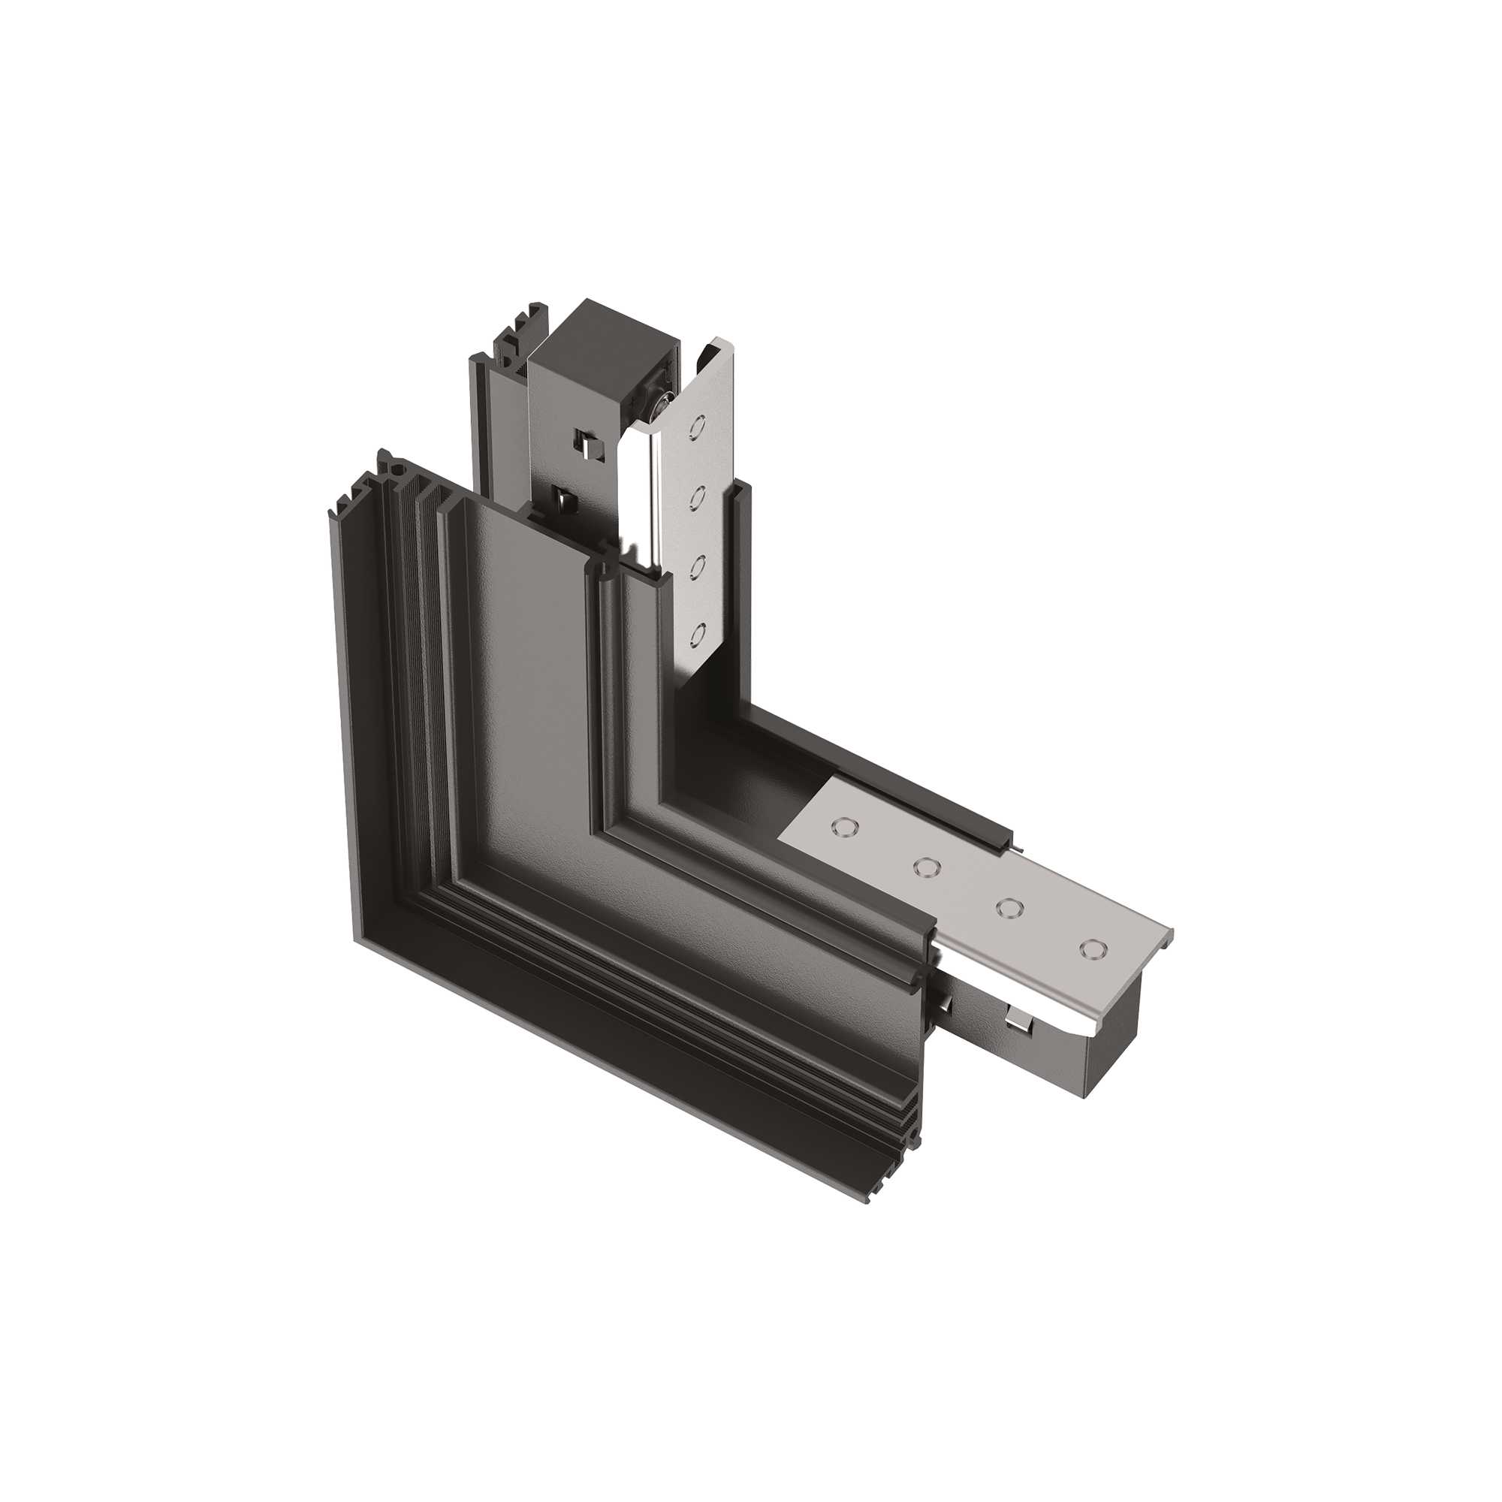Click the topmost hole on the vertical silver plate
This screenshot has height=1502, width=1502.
click(x=698, y=427)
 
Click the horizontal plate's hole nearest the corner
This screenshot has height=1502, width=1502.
click(x=843, y=826)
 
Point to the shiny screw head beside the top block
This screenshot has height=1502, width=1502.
click(x=662, y=403)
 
